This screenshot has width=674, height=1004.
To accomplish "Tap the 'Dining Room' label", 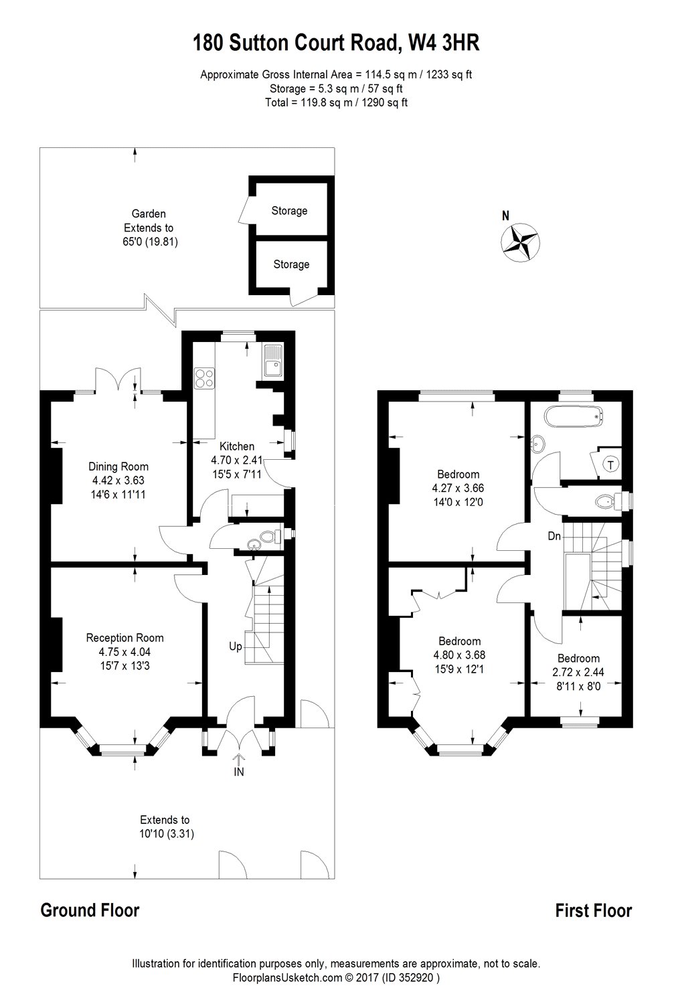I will (118, 467).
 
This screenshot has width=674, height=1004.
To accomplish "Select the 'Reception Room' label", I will (124, 638).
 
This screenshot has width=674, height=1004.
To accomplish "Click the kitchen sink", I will (273, 362).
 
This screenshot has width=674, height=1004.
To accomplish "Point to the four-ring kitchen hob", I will (204, 378).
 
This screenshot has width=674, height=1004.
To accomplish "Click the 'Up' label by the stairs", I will (236, 647).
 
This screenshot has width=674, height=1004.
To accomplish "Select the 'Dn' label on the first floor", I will (554, 536).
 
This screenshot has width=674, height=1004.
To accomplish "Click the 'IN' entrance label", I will (239, 772).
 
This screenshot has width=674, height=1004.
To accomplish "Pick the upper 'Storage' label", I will (289, 211).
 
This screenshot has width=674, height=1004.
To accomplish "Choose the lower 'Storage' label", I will (291, 264).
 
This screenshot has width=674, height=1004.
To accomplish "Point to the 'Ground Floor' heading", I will (90, 910).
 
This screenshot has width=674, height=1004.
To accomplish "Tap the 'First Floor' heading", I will (593, 910).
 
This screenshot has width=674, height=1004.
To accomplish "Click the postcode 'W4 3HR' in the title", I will (442, 44).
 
